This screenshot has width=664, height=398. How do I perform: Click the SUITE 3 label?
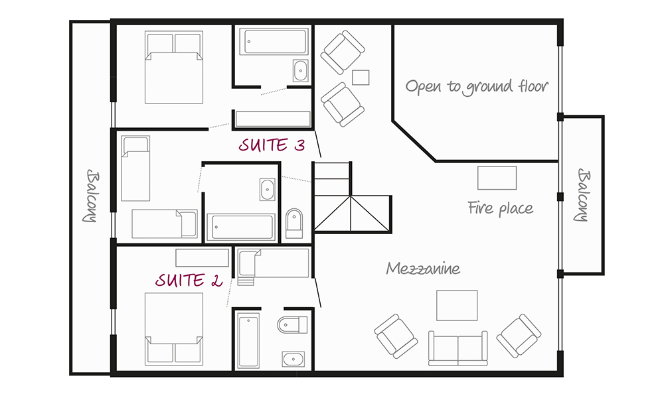pos(272,145)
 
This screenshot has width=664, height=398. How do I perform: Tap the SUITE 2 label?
pos(189,280)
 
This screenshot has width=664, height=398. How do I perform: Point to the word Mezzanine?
pos(423,268)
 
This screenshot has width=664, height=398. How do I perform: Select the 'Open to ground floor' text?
pos(477,87)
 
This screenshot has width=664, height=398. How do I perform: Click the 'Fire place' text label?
pos(501,208)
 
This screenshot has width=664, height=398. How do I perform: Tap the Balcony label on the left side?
pos(90,196)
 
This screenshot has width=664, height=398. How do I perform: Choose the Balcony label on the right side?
pos(582,195)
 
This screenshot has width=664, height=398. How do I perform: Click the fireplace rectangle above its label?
pos(497,178)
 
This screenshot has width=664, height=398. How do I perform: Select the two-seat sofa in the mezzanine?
pos(457,348)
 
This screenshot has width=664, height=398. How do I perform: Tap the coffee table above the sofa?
pos(457,305)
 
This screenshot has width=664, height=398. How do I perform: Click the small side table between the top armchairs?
pos(361,78)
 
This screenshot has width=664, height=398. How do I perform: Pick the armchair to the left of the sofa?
pos(396,336)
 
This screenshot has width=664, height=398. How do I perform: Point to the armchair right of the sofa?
pos(519,336)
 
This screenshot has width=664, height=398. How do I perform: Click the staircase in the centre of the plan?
pos(351,197)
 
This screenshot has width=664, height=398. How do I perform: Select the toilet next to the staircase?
pos(294,223)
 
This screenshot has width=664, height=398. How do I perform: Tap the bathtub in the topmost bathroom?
pos(274,41)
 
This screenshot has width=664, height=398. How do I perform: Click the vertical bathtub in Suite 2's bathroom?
pos(248,340)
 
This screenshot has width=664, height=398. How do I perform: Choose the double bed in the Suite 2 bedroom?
pos(173,328)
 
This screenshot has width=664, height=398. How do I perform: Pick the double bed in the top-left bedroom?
pos(173,67)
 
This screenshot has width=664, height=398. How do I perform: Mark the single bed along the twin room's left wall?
pos(135,168)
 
